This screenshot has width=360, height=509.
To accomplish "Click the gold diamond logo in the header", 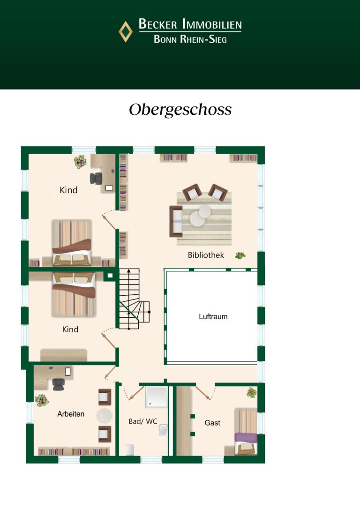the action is [x=125, y=31].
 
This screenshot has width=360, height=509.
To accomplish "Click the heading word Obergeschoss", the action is [x=180, y=110].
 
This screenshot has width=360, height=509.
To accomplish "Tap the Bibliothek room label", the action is [x=206, y=255].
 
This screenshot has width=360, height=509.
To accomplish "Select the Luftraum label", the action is [x=213, y=316].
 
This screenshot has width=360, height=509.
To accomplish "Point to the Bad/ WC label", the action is [x=143, y=421].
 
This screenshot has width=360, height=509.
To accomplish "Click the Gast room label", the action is [x=212, y=423].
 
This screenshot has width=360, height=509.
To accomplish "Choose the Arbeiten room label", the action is [x=71, y=414].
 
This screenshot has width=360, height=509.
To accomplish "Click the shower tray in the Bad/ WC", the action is [x=157, y=397].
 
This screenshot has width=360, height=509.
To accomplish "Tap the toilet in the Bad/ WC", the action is [x=130, y=450].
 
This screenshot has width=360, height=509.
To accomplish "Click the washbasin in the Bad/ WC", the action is [x=163, y=430].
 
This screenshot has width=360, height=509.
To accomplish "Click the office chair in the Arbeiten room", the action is [x=59, y=384].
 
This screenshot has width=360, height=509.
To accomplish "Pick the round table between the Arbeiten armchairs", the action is [x=105, y=416].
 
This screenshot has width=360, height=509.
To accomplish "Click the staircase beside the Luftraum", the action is [x=134, y=299].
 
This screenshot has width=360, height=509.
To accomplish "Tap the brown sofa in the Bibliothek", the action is [x=176, y=221].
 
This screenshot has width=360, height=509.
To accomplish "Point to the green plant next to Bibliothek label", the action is [x=240, y=255].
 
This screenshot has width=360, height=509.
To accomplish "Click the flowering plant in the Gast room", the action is [x=252, y=392].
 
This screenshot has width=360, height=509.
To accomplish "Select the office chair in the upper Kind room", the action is [x=96, y=178].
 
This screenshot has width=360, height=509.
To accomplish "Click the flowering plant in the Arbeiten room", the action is [x=42, y=400].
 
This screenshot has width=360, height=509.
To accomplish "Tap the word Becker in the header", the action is [x=158, y=24].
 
